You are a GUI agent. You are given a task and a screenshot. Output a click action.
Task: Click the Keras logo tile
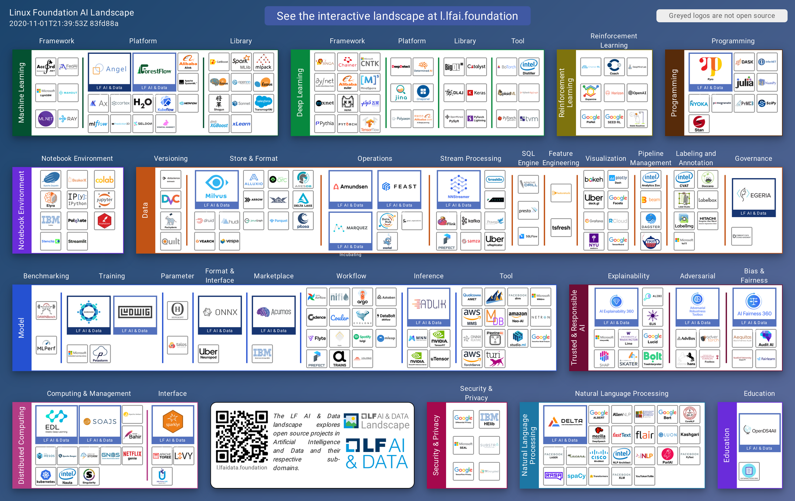[x=476, y=93]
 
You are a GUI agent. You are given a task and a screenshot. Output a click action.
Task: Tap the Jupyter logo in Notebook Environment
[x=104, y=200]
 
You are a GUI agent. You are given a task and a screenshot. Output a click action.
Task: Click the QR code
[x=242, y=436]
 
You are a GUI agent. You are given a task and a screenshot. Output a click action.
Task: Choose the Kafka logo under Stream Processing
[x=471, y=221]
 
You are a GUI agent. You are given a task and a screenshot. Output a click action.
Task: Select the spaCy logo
[x=576, y=476]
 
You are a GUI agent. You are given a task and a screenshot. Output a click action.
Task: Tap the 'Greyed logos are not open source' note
[x=722, y=16]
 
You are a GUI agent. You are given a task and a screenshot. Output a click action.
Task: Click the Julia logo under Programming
[x=744, y=82]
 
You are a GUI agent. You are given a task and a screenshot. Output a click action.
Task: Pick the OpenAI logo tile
[x=637, y=93]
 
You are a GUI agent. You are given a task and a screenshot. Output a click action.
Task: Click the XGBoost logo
[x=219, y=124]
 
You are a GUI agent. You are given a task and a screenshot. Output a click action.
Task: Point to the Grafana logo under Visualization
[x=594, y=221]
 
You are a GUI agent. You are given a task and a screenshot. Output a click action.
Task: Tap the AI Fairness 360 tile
[x=754, y=307]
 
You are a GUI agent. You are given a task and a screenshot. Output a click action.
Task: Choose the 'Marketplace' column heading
[x=274, y=276]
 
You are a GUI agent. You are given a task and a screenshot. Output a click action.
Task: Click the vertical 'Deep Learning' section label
[x=300, y=93]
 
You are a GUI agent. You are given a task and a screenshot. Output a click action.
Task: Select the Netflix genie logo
[x=132, y=455]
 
